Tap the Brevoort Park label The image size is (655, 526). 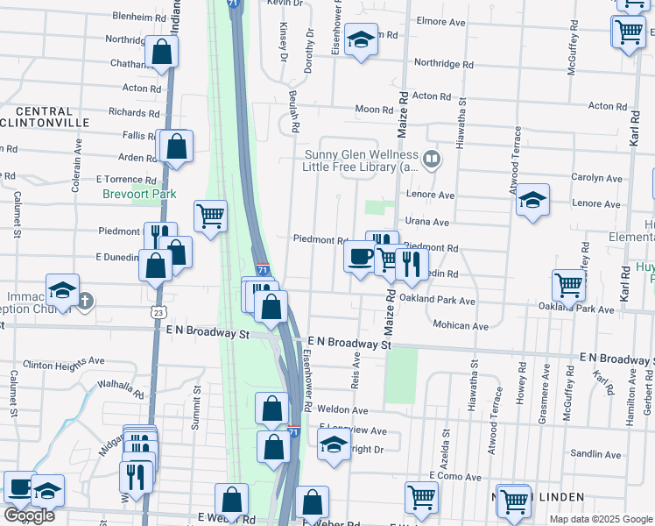coord(139,194)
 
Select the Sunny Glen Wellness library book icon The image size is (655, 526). coord(431,160)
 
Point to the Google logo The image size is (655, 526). coord(29,515)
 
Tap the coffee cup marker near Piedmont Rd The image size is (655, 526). coord(359,257)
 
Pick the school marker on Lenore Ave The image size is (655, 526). coord(532,200)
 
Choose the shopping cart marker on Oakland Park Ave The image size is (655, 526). coord(569,284)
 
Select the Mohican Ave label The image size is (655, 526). coord(461,325)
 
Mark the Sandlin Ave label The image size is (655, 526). coord(595,454)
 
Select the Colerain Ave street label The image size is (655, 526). coord(77,175)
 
